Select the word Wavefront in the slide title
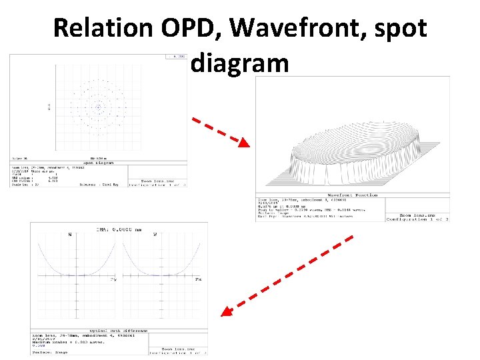(x=289, y=28)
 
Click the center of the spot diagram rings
(x=99, y=106)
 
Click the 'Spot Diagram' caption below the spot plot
(x=97, y=162)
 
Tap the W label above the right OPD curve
(x=155, y=234)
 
